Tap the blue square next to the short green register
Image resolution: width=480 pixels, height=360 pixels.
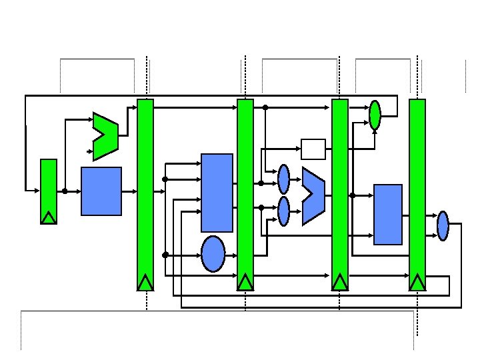tap(101, 191)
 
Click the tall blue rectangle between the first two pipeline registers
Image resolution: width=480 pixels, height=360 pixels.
tap(217, 193)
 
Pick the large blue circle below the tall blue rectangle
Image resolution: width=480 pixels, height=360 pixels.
tap(213, 254)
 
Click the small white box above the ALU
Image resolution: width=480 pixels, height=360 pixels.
tap(313, 149)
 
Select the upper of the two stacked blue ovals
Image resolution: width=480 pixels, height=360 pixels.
tap(284, 179)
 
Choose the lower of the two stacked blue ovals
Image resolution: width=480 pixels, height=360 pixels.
tap(284, 211)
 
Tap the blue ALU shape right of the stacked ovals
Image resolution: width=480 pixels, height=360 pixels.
tap(313, 195)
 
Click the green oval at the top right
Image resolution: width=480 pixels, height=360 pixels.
tap(375, 115)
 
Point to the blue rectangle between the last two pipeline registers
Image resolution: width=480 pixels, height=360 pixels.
tap(388, 214)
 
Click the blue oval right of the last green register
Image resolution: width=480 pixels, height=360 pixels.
tap(443, 225)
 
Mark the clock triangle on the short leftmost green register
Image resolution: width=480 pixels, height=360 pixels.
tap(49, 217)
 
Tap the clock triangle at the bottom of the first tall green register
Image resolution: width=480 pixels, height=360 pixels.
tap(145, 283)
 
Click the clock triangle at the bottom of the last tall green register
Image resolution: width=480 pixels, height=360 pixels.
tap(417, 283)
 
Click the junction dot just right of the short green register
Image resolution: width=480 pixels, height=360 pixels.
tap(65, 191)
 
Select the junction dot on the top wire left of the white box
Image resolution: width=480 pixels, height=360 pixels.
tap(265, 107)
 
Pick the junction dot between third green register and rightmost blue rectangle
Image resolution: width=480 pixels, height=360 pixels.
tap(353, 195)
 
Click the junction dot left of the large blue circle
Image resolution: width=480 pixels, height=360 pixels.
tap(165, 254)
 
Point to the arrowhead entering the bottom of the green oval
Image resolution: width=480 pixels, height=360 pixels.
tap(375, 131)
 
